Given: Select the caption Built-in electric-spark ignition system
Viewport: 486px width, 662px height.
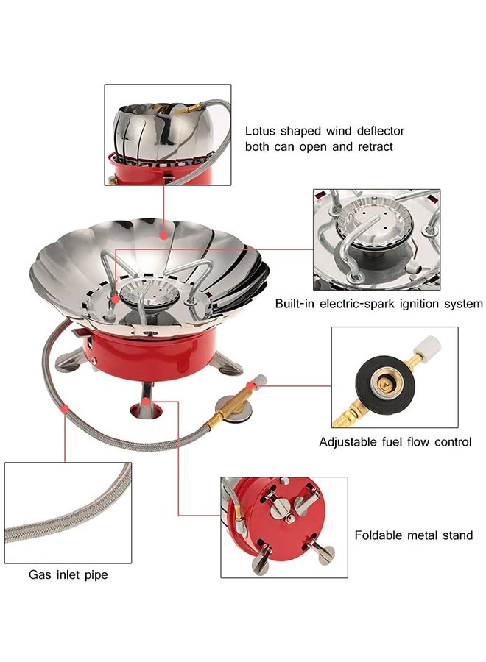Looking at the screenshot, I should coord(378,303).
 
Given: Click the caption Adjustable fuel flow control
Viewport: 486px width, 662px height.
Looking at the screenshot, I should coord(395,442).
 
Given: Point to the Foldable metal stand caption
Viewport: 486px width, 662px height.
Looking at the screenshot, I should coord(413,535).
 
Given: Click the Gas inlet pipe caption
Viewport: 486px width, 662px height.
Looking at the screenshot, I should coord(68,574).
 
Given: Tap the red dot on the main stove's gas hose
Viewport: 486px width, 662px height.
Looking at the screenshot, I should coord(66,406).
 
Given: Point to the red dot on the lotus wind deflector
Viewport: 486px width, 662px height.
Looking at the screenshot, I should coord(163,235).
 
